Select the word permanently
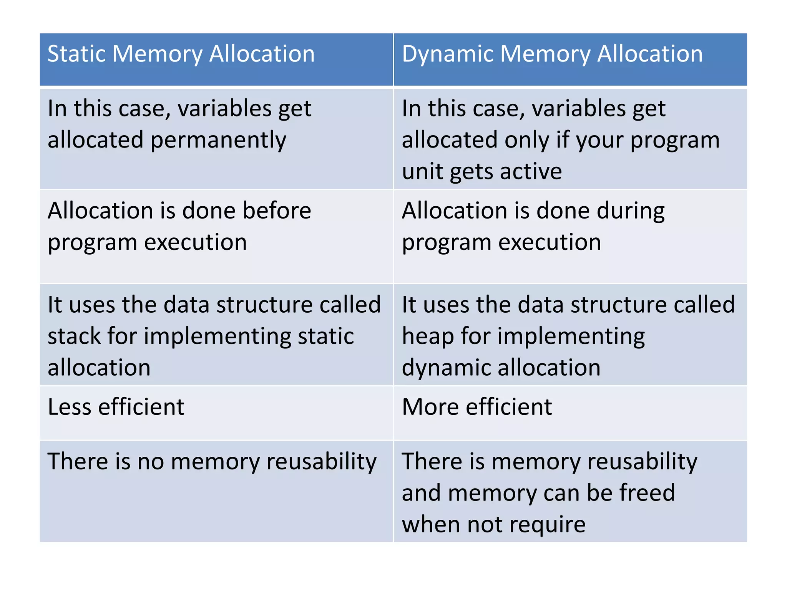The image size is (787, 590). tap(218, 140)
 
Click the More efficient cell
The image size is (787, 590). tap(570, 413)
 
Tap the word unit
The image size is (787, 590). tap(422, 171)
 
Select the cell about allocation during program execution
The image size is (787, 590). tap(570, 237)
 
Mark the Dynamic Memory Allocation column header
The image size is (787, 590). tap(570, 59)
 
